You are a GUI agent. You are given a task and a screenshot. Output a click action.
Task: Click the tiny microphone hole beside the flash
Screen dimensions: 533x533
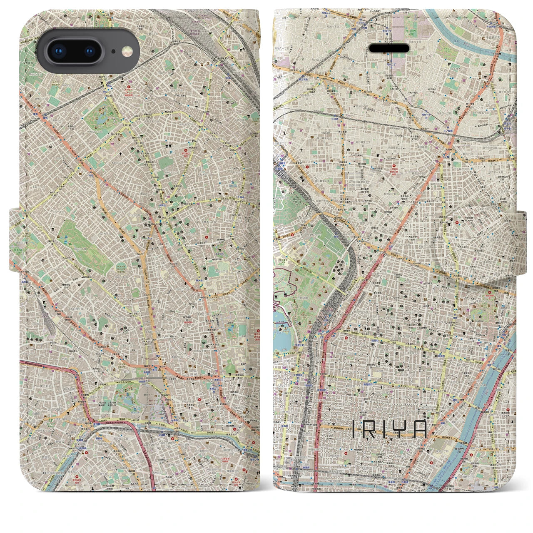tap(113, 52)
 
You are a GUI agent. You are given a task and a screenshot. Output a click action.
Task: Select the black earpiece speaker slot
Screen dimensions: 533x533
tap(389, 49)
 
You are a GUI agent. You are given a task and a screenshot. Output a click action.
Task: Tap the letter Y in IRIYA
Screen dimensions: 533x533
tap(403, 429)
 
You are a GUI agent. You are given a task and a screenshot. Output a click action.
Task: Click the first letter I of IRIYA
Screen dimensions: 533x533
tap(354, 429)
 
